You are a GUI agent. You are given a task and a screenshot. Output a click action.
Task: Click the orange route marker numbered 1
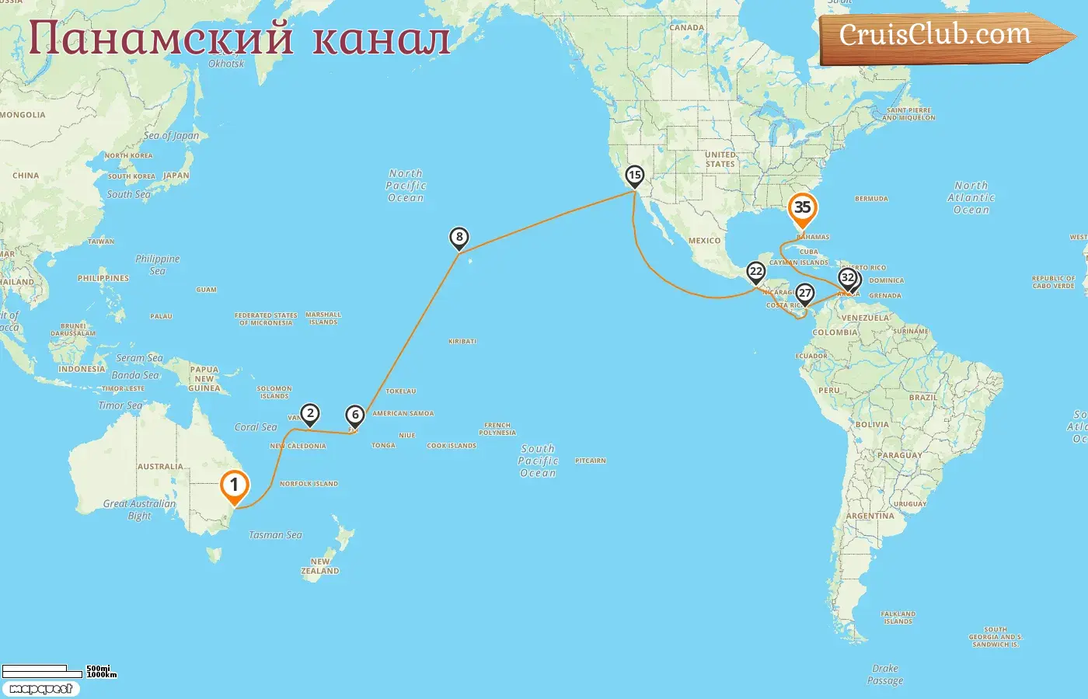[234, 485]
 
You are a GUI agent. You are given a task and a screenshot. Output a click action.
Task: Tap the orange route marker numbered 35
[802, 208]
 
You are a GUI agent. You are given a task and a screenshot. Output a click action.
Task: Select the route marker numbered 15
[635, 176]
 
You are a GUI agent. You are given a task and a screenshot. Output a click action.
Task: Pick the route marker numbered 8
[459, 238]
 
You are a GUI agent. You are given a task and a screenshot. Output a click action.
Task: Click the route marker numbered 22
[755, 272]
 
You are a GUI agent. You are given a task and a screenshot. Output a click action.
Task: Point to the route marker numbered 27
[805, 294]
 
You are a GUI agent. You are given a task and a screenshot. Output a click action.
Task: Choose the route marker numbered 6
[355, 415]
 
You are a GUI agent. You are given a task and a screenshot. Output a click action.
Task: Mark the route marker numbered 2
[310, 414]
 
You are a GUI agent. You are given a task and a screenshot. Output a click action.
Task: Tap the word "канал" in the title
[381, 39]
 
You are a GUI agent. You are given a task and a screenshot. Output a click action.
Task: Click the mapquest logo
[40, 689]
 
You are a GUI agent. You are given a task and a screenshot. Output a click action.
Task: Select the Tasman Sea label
[275, 535]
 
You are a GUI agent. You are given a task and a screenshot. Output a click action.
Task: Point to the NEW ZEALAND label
[320, 566]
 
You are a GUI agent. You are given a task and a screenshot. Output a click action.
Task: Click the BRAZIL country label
[923, 398]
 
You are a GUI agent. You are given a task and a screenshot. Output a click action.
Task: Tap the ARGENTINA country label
[870, 516]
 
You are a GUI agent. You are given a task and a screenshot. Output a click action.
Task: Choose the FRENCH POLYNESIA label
[497, 429]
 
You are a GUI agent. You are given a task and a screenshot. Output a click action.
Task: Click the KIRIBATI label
[462, 342]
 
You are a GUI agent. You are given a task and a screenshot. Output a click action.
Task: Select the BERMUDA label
[871, 199]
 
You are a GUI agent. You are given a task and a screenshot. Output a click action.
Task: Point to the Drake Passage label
[885, 674]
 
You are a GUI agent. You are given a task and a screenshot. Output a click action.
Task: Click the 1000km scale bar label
[102, 675]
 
